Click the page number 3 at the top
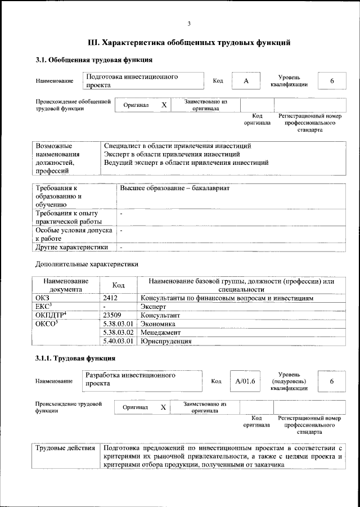(x=190, y=23)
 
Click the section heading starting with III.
(x=190, y=42)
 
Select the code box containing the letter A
(x=246, y=81)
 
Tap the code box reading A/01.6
(x=245, y=381)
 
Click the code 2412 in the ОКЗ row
(x=110, y=298)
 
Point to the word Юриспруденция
(x=166, y=341)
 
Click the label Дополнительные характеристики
(x=87, y=264)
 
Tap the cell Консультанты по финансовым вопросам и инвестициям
(x=227, y=298)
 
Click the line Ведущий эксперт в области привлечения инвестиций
(x=186, y=163)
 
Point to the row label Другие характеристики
(x=71, y=246)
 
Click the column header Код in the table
(x=118, y=285)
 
